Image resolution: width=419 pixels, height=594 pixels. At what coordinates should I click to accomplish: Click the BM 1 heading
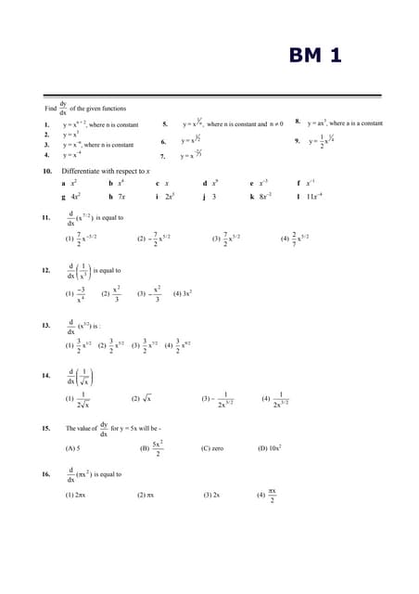315,56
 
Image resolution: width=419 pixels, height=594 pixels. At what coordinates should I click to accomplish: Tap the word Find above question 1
51,109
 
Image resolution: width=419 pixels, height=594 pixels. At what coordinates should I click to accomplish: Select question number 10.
46,172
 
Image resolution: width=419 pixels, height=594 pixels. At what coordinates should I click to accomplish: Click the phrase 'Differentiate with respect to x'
106,172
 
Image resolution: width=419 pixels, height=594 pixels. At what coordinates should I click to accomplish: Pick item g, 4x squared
70,197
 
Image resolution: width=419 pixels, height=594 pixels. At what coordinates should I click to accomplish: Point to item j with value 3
210,197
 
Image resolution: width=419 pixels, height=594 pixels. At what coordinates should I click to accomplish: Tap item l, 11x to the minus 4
311,197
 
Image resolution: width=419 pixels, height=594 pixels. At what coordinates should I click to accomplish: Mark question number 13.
46,326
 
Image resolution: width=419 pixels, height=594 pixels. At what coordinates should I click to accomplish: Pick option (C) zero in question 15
211,448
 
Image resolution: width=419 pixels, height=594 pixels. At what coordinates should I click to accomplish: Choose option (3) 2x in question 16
211,495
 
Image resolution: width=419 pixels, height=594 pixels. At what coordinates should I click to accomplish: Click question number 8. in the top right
298,122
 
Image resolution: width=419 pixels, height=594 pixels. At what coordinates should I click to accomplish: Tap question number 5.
165,123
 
